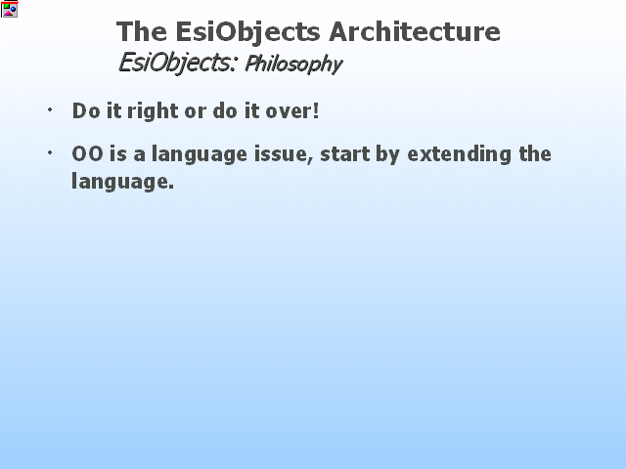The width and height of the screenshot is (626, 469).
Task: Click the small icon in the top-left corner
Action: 9,9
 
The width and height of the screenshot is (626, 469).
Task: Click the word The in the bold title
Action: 142,31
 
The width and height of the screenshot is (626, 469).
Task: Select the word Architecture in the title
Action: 415,31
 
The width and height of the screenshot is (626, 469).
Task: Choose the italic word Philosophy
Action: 293,64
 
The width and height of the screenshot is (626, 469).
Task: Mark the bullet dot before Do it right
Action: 50,109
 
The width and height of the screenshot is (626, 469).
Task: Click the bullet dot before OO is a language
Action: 50,152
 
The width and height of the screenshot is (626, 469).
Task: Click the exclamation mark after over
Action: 316,110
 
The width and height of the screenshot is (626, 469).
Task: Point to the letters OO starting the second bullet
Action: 87,154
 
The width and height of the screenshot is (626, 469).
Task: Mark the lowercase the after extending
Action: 535,154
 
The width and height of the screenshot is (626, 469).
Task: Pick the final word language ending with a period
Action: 123,183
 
